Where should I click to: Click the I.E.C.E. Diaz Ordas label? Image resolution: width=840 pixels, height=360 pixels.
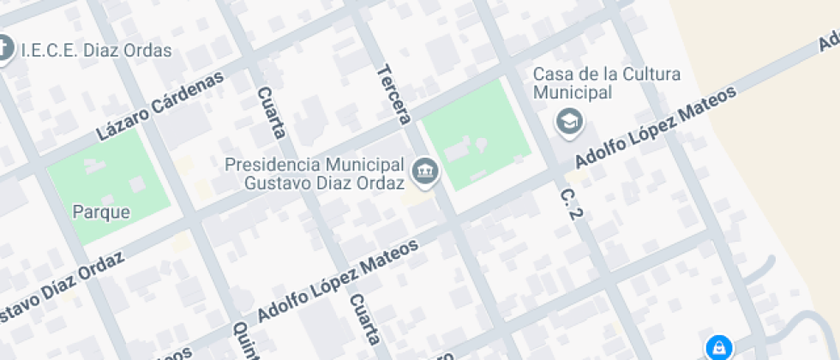click(94, 50)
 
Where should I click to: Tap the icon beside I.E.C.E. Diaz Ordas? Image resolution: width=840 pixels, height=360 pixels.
click(4, 48)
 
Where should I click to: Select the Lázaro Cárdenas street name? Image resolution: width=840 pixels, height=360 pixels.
click(159, 106)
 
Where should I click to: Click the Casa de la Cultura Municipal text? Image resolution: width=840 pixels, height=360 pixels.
click(606, 83)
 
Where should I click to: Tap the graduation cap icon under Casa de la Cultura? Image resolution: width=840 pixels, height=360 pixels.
click(569, 123)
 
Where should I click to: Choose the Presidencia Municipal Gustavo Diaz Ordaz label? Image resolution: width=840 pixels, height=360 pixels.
click(314, 173)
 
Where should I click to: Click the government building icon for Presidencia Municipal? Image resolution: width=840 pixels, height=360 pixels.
click(425, 171)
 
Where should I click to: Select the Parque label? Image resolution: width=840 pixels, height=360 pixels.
click(101, 212)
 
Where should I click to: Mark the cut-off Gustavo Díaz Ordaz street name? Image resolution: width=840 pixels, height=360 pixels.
click(60, 287)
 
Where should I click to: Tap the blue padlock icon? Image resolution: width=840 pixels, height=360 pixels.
click(718, 347)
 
